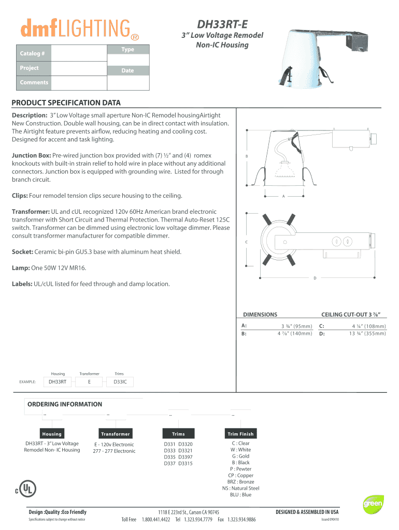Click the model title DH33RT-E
222,24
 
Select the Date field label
127,70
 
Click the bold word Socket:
22,252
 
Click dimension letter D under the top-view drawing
315,278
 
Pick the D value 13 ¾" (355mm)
367,334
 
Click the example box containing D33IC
120,382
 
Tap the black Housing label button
52,434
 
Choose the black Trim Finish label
240,434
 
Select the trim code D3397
186,457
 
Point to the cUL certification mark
26,489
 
